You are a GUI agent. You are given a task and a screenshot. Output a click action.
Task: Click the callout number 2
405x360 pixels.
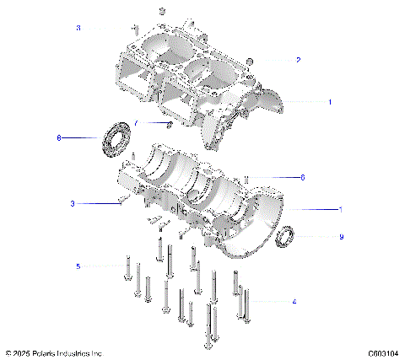click(298, 60)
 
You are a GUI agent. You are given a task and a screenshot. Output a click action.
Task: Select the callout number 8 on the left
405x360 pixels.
click(58, 137)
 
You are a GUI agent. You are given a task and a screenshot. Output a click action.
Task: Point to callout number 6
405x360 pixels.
click(301, 177)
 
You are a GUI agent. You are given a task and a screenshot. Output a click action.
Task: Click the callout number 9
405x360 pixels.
click(341, 237)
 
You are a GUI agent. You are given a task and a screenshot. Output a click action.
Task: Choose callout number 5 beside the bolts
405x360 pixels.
click(78, 266)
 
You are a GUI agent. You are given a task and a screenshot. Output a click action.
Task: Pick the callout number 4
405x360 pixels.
click(293, 301)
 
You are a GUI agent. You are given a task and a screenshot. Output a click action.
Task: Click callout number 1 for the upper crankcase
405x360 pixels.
click(329, 101)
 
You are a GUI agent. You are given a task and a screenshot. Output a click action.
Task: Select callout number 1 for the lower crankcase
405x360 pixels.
click(340, 208)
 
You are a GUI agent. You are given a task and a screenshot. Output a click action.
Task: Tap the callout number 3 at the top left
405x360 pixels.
click(78, 28)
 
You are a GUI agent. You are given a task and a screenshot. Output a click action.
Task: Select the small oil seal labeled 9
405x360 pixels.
click(286, 237)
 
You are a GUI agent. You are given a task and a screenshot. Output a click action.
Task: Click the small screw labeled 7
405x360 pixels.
click(170, 126)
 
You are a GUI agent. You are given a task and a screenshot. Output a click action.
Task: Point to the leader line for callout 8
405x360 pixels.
click(82, 137)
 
